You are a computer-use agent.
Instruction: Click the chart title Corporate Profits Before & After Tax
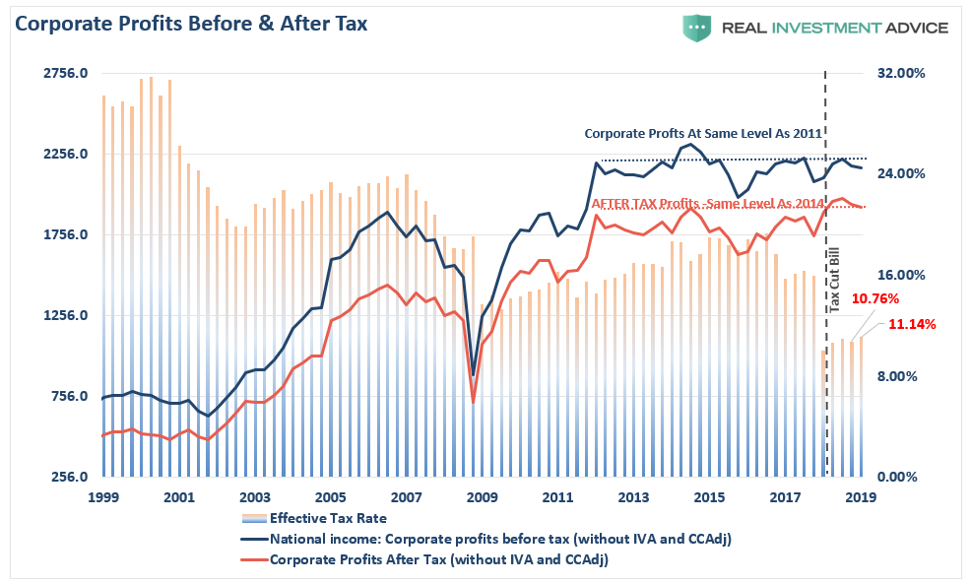191,24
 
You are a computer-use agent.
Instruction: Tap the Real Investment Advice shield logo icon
696,27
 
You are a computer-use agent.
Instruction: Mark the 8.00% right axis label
902,376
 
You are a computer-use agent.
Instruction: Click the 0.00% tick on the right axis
902,478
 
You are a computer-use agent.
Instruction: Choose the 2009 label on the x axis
482,497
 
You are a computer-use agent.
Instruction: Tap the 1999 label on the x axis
103,497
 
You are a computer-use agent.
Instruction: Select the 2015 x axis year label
709,497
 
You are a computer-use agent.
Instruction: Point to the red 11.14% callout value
912,324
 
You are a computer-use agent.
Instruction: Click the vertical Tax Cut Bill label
835,281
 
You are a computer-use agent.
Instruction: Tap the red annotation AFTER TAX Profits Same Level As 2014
707,202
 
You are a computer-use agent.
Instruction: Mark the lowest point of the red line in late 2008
474,402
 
